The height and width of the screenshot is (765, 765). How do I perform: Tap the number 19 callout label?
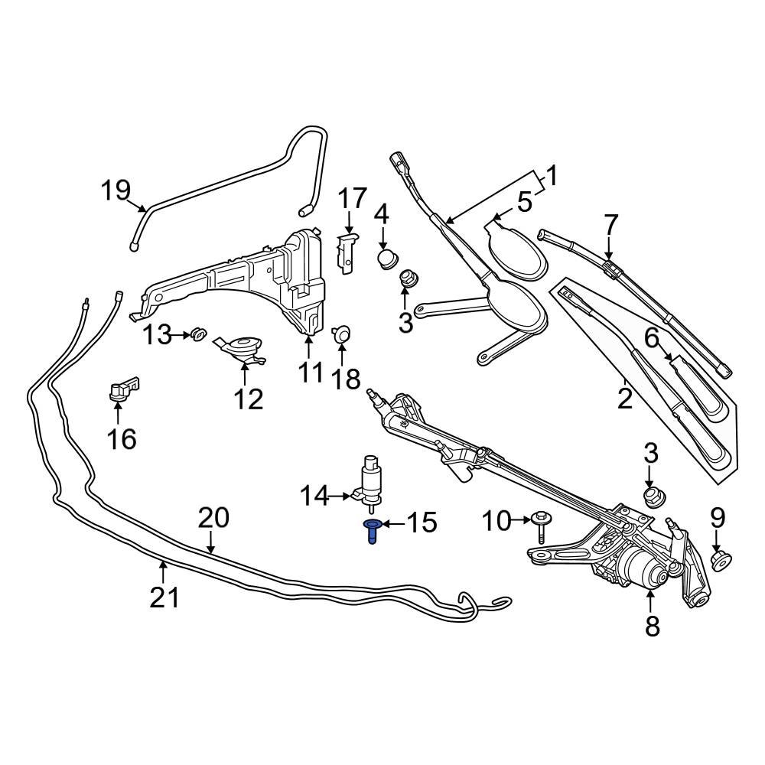click(116, 190)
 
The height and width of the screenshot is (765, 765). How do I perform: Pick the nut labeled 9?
click(719, 561)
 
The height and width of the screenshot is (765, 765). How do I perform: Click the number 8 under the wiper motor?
click(653, 626)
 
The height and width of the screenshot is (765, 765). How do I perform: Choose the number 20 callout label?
click(213, 518)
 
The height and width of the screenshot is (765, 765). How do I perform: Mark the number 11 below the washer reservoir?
click(311, 373)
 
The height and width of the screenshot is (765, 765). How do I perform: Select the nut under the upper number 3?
click(405, 280)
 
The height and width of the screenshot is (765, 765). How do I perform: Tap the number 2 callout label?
click(625, 399)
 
